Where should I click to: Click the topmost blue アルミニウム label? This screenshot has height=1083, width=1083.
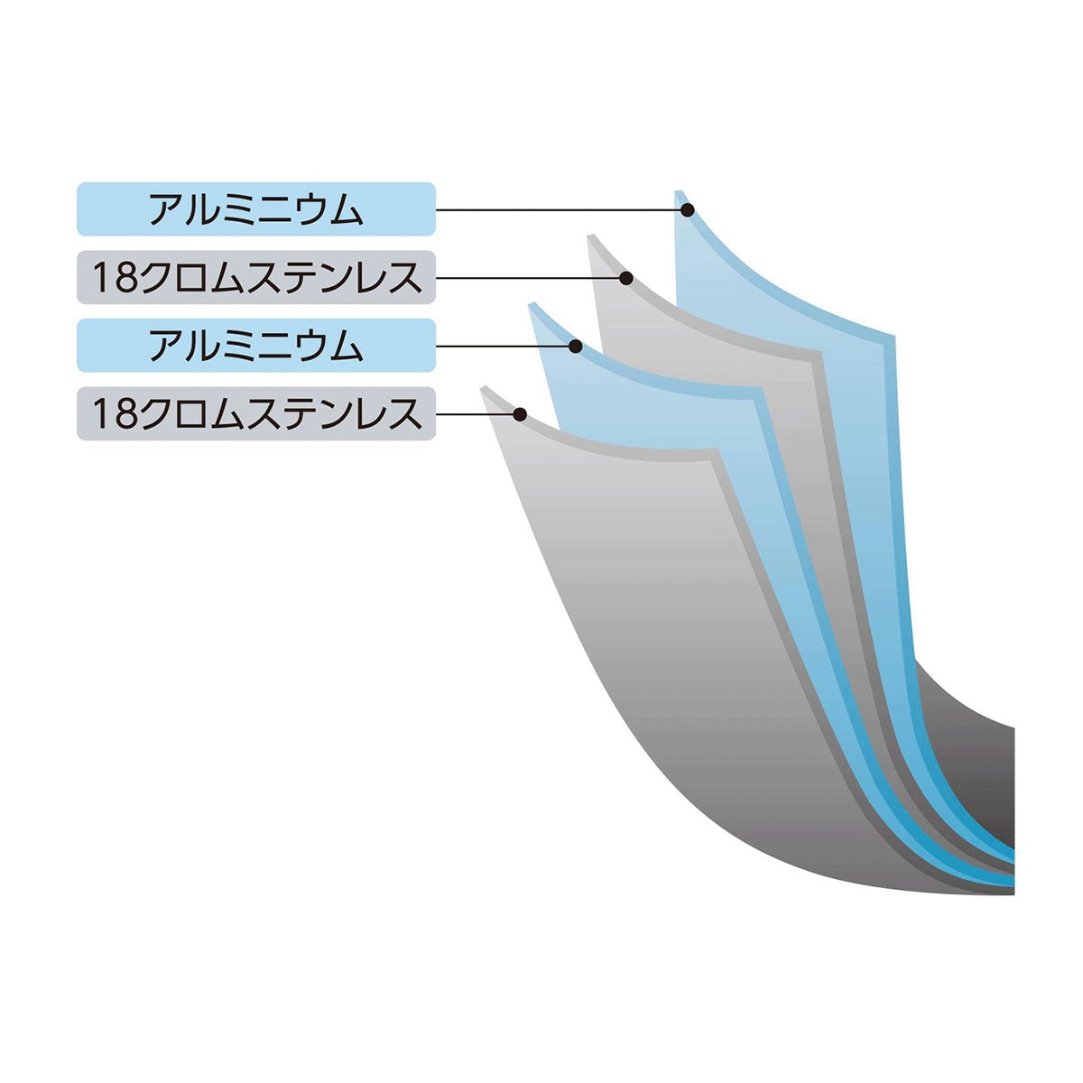coord(255,208)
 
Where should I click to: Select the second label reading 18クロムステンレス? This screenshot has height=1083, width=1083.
coord(255,277)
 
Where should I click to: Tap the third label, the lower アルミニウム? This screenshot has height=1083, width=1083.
coord(255,345)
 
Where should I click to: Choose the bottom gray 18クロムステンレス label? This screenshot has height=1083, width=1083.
coord(255,413)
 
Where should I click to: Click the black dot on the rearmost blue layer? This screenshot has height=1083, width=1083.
coord(688,209)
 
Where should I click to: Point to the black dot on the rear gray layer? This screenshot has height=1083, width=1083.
coord(626,278)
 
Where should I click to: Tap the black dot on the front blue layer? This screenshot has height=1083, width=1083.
coord(575,347)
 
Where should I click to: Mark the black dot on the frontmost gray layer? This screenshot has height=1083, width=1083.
coord(520,415)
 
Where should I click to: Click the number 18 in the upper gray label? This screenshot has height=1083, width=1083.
coord(113,278)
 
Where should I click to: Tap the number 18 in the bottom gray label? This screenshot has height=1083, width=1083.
coord(113,414)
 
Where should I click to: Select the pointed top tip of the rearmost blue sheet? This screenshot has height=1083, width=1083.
coord(677,191)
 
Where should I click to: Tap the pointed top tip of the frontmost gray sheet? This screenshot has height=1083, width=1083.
coord(482,387)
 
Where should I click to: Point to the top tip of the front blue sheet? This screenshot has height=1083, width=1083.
coord(531,303)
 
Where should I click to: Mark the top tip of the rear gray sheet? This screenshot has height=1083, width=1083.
coord(590,235)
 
